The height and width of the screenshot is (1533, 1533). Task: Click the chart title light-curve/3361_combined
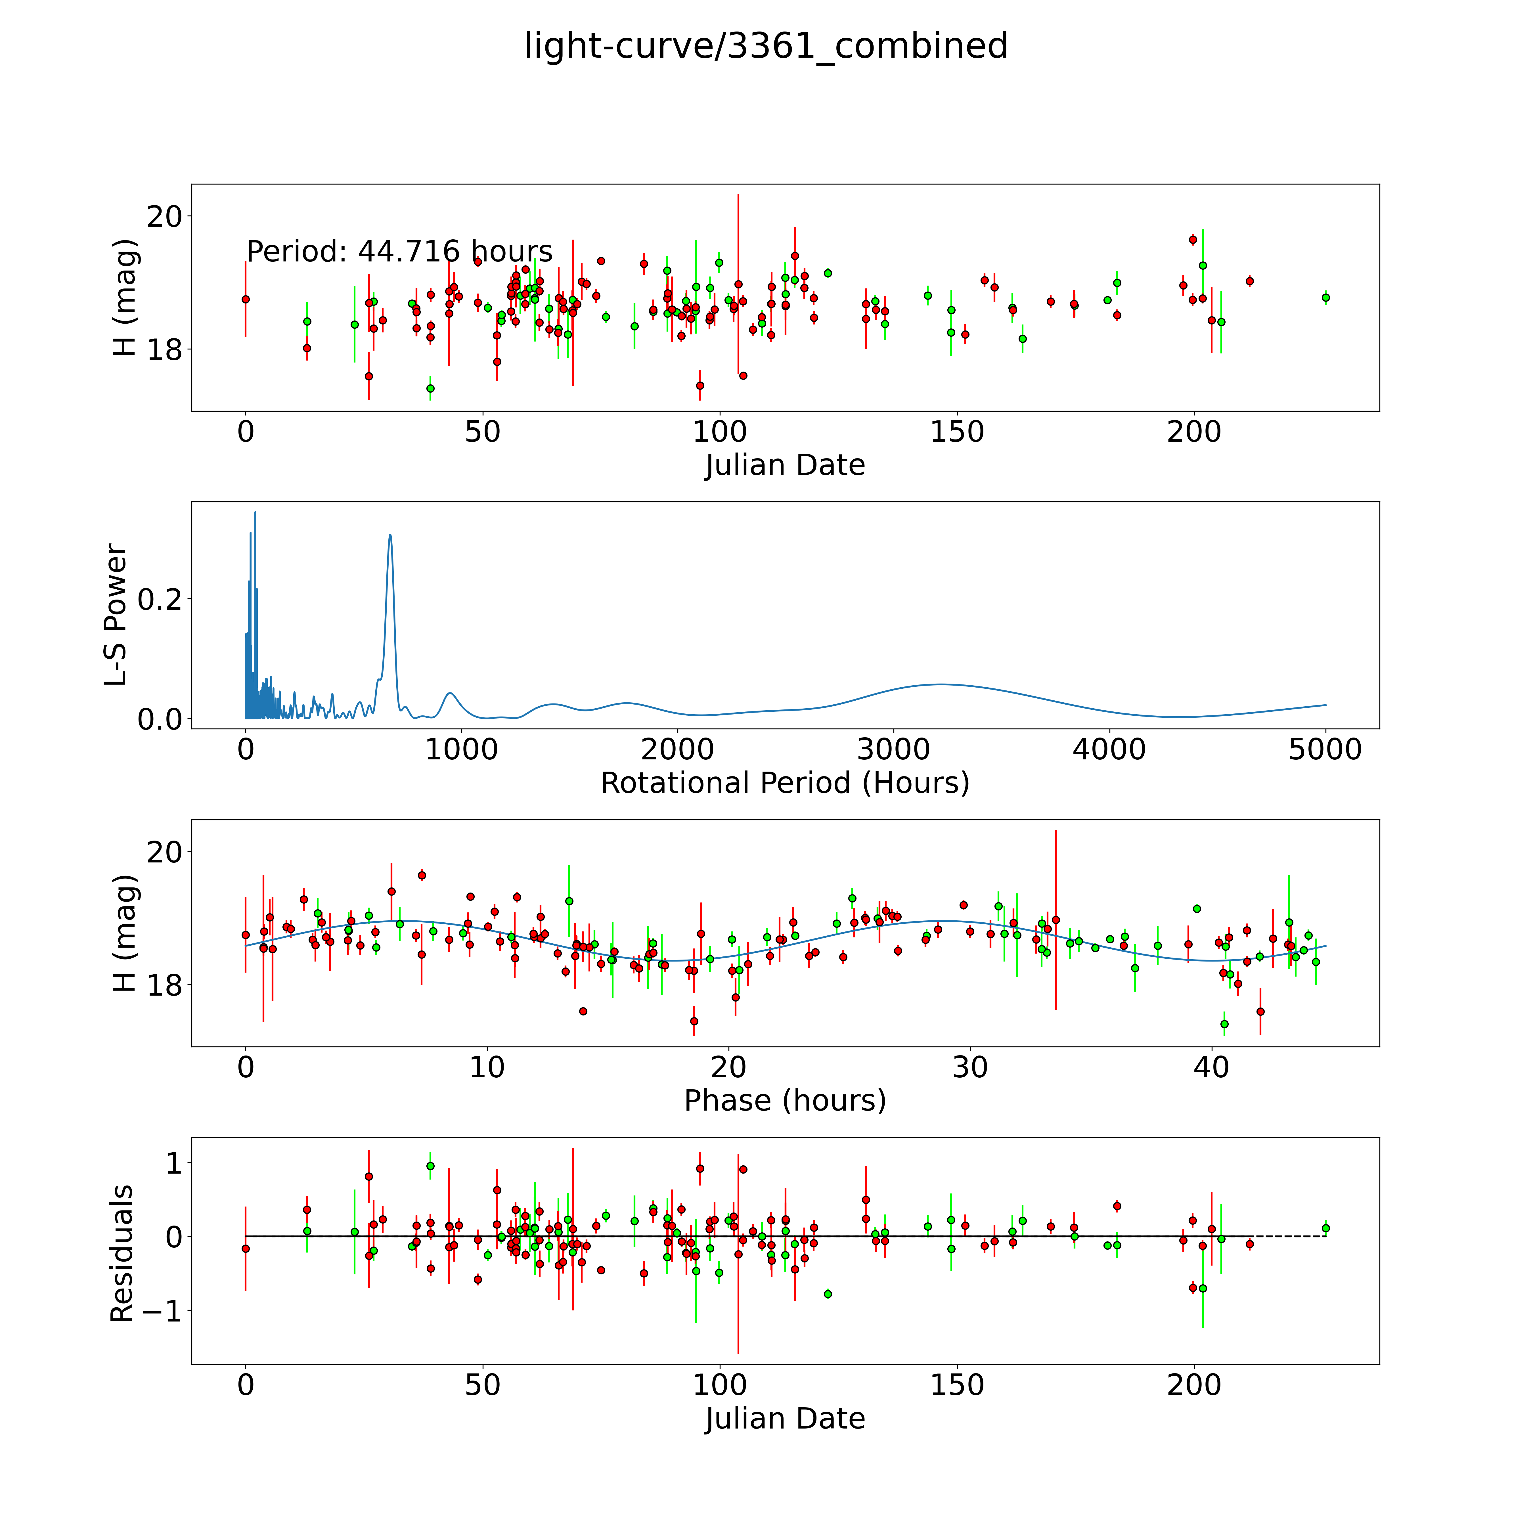pyautogui.click(x=766, y=46)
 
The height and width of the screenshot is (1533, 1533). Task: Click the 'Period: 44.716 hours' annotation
pyautogui.click(x=399, y=252)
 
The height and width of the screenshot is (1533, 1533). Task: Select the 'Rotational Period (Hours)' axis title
pyautogui.click(x=785, y=783)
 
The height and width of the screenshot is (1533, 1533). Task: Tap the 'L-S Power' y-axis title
pyautogui.click(x=116, y=615)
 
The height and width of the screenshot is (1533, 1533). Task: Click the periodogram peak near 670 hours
pyautogui.click(x=389, y=536)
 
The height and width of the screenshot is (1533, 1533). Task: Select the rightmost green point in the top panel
pyautogui.click(x=1325, y=298)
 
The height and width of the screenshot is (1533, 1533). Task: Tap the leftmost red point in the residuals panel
pyautogui.click(x=246, y=1248)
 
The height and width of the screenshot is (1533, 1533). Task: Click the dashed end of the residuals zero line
pyautogui.click(x=1289, y=1236)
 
